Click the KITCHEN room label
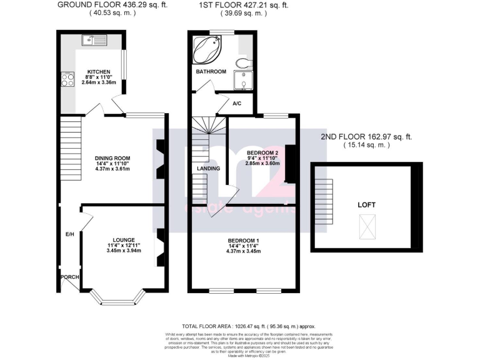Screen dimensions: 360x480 click(99, 72)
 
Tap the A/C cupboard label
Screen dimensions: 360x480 click(238, 104)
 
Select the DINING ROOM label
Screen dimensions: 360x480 click(112, 158)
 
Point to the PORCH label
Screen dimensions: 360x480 click(68, 276)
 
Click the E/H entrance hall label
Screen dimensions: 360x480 click(70, 234)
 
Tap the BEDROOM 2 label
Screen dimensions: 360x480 click(261, 152)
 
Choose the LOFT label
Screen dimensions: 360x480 click(366, 204)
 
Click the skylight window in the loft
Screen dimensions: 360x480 click(366, 226)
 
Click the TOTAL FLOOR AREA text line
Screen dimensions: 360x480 click(249, 327)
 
